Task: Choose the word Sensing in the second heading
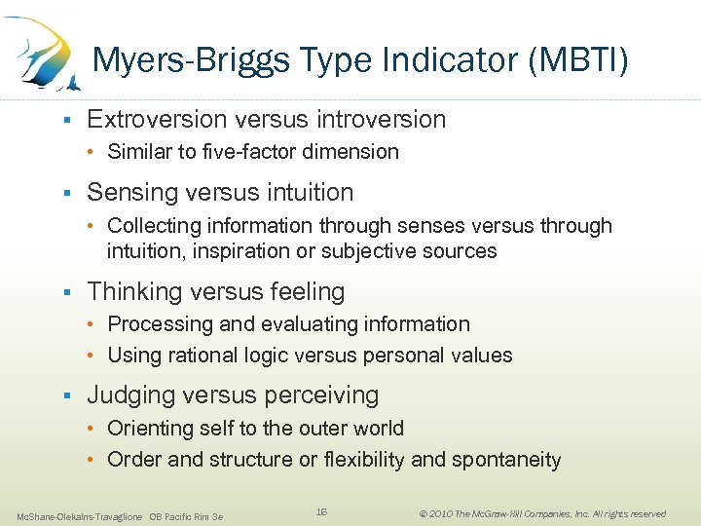pyautogui.click(x=129, y=192)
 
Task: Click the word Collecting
pyautogui.click(x=153, y=226)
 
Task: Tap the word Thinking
pyautogui.click(x=131, y=291)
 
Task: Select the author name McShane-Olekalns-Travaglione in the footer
pyautogui.click(x=79, y=515)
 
